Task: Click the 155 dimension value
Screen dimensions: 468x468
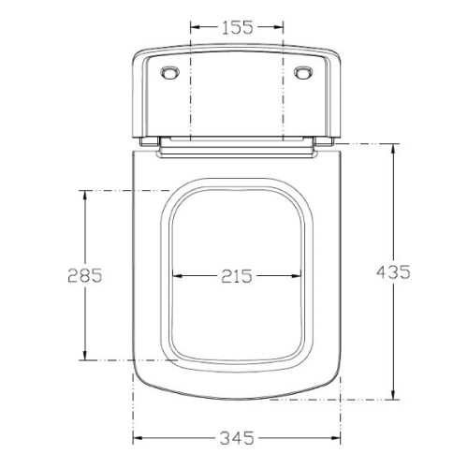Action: pyautogui.click(x=237, y=27)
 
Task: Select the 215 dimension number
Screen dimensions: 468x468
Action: pyautogui.click(x=237, y=276)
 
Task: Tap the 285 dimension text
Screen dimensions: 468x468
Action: pyautogui.click(x=85, y=275)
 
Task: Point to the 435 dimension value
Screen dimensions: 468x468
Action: pyautogui.click(x=393, y=271)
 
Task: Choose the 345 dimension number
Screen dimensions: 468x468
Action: pyautogui.click(x=237, y=438)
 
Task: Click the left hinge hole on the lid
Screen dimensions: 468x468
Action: pyautogui.click(x=170, y=73)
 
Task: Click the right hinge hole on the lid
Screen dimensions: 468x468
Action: pyautogui.click(x=303, y=73)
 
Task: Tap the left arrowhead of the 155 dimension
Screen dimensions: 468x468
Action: pyautogui.click(x=195, y=27)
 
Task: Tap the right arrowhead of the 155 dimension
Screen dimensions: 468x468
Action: pyautogui.click(x=278, y=27)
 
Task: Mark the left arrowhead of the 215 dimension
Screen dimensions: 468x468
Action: pyautogui.click(x=178, y=276)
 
